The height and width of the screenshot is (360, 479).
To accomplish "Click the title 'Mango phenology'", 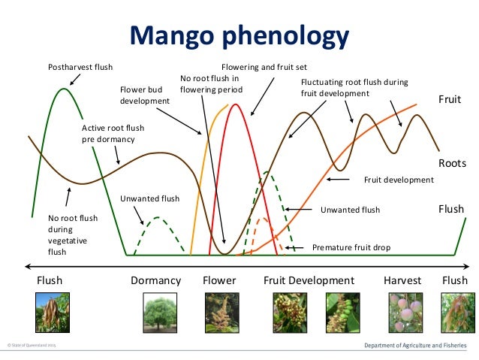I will point(240,36).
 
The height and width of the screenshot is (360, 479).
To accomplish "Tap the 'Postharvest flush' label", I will point(80,67).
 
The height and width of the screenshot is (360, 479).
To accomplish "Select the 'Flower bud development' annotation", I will point(145,95).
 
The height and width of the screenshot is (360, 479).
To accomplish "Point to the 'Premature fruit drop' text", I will point(351,247).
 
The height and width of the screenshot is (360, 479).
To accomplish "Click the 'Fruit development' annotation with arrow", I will point(399,180).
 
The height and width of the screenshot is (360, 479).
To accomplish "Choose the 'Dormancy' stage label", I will point(156,280).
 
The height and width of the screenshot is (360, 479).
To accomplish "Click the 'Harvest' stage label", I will point(402,280).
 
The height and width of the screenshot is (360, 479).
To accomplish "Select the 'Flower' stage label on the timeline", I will point(219,280).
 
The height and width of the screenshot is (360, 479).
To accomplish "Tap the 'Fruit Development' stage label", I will point(309,280).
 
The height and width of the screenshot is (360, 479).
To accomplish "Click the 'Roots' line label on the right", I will point(452,163).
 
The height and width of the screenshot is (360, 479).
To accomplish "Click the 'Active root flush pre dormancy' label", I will point(113,133).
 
